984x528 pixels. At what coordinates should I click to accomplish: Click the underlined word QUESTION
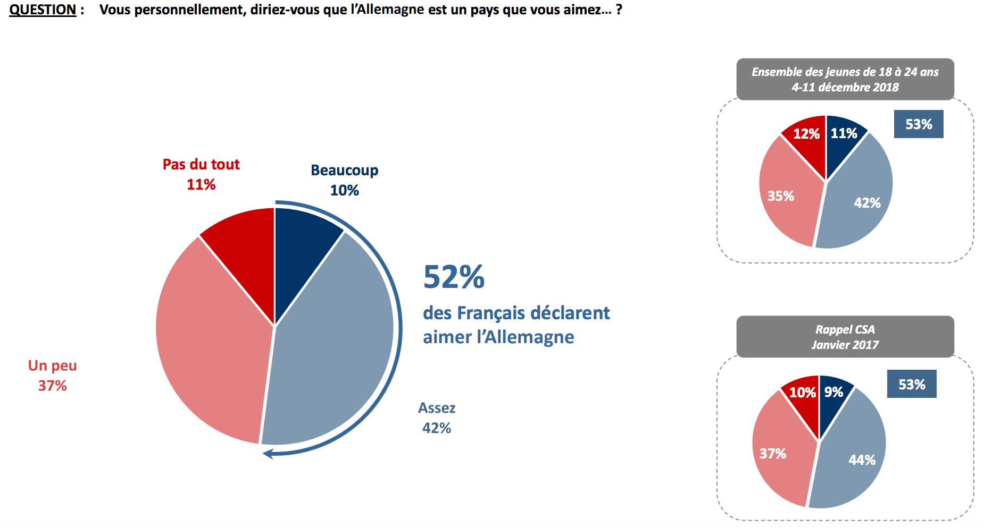[43, 10]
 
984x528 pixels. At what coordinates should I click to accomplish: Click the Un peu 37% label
[52, 376]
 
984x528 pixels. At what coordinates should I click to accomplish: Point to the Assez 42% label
[437, 418]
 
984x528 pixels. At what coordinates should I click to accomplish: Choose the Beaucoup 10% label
[344, 180]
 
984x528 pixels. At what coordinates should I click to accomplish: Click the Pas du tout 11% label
[201, 174]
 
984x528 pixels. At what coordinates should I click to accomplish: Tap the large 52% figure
[454, 277]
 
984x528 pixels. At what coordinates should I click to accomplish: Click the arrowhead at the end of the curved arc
[268, 453]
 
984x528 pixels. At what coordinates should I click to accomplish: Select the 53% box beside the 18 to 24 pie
[918, 124]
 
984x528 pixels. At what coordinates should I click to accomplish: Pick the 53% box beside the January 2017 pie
[911, 384]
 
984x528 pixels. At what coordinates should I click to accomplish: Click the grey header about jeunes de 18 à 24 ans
[845, 79]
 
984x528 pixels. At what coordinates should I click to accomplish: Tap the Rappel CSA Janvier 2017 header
[845, 337]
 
